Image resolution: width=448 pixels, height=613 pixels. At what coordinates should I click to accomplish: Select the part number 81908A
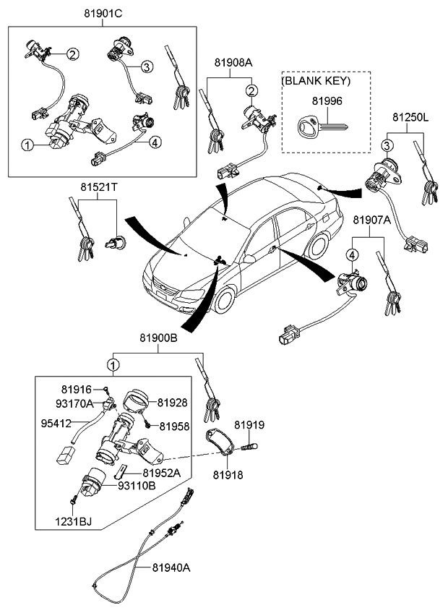coord(233,63)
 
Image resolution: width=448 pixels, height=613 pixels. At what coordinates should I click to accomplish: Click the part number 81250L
coord(410,116)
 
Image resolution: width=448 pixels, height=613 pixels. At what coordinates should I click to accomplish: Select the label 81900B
coord(158,338)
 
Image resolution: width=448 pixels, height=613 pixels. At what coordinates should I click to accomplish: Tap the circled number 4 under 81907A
coord(351,254)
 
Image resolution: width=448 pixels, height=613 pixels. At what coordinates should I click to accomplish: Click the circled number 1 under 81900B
coord(113,364)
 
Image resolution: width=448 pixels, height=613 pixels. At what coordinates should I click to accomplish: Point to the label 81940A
coord(171,567)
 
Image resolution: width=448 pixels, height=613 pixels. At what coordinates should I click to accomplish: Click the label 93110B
coord(137,486)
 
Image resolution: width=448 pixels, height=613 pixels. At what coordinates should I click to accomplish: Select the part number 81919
coord(249,425)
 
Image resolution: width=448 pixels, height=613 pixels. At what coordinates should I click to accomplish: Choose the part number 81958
coord(174,426)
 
